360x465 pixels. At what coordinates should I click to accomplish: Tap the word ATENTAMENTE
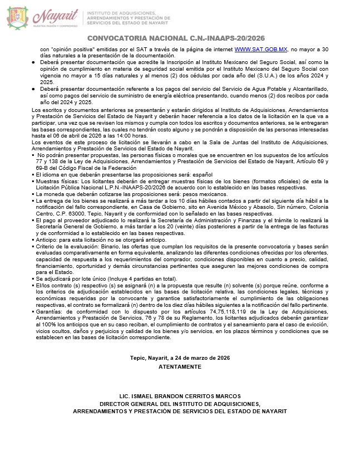click(179, 368)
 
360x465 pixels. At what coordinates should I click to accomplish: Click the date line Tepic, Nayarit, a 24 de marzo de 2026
click(180, 358)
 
